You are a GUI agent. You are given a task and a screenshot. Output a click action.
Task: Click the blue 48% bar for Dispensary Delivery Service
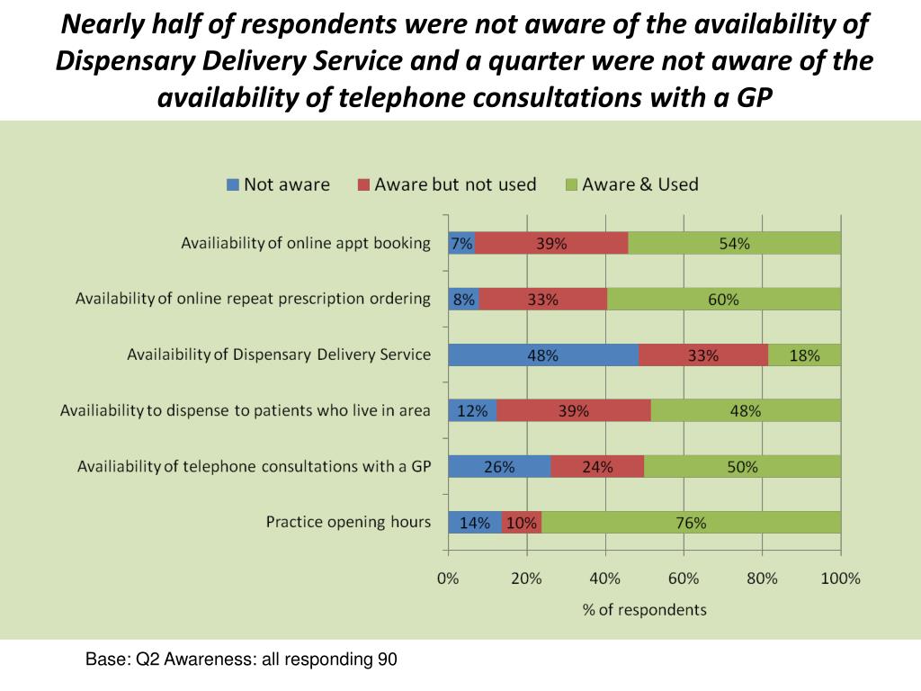pos(543,354)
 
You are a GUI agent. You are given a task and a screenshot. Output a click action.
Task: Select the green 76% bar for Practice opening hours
pos(691,522)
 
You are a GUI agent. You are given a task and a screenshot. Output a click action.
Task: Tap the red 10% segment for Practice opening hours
pos(522,522)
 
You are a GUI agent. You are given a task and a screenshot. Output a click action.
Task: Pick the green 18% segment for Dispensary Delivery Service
pos(804,354)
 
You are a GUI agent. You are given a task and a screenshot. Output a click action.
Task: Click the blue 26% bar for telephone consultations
pos(499,466)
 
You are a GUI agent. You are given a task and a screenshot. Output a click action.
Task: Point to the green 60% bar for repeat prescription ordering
pos(723,299)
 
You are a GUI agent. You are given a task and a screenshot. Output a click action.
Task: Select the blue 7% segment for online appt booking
pos(461,243)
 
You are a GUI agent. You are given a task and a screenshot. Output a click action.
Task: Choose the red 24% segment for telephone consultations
pos(597,466)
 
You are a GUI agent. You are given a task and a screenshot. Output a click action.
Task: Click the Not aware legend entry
pos(277,184)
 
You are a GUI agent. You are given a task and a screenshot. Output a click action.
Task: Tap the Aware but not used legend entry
pos(446,184)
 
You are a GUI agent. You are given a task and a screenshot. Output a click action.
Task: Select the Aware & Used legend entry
pos(630,184)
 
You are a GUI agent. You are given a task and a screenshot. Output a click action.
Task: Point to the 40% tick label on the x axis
pos(605,579)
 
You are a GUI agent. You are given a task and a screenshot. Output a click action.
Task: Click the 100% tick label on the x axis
pos(840,579)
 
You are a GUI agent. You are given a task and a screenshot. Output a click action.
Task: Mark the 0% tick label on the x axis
pos(448,579)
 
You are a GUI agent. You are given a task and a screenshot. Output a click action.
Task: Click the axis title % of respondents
pos(644,609)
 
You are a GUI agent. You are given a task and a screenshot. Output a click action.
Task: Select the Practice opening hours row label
pos(348,522)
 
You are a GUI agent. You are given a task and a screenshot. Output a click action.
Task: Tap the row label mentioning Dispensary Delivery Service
pos(279,354)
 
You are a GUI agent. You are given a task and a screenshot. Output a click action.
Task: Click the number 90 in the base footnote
pos(387,660)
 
